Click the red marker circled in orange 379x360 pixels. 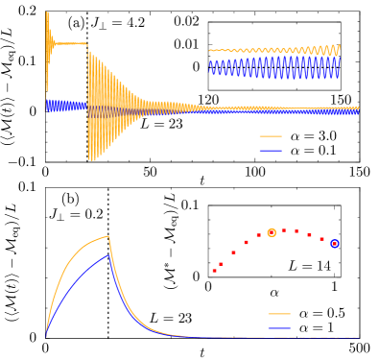272,232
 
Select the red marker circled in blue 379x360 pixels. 334,244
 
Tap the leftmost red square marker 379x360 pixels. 214,271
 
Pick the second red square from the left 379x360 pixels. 222,263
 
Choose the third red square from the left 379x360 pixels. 233,252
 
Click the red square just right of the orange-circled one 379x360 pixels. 284,230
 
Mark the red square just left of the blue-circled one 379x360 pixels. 321,239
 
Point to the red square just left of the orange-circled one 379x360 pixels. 258,235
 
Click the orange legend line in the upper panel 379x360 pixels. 271,136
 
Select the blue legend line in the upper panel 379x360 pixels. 271,150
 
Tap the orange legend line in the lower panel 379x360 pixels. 279,314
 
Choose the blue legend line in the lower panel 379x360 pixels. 279,328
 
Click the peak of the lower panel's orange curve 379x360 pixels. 108,236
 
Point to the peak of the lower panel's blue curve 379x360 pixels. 108,253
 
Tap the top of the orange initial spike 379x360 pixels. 47,13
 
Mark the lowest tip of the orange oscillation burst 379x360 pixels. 92,159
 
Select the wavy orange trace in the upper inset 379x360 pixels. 273,50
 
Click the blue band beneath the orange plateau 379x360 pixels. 67,106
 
